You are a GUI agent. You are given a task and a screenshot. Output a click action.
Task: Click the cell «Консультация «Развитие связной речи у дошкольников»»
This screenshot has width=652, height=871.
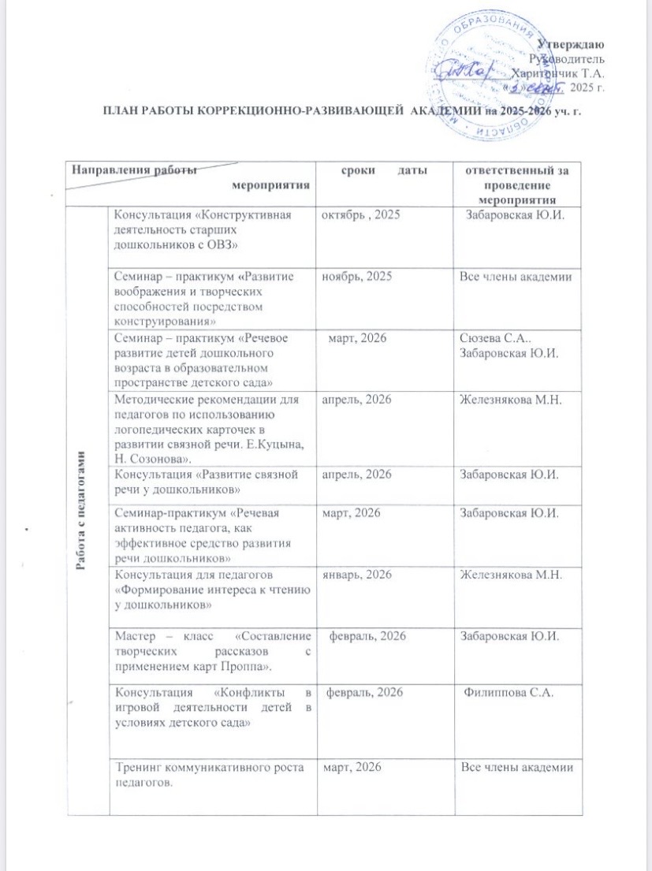[x=206, y=480]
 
